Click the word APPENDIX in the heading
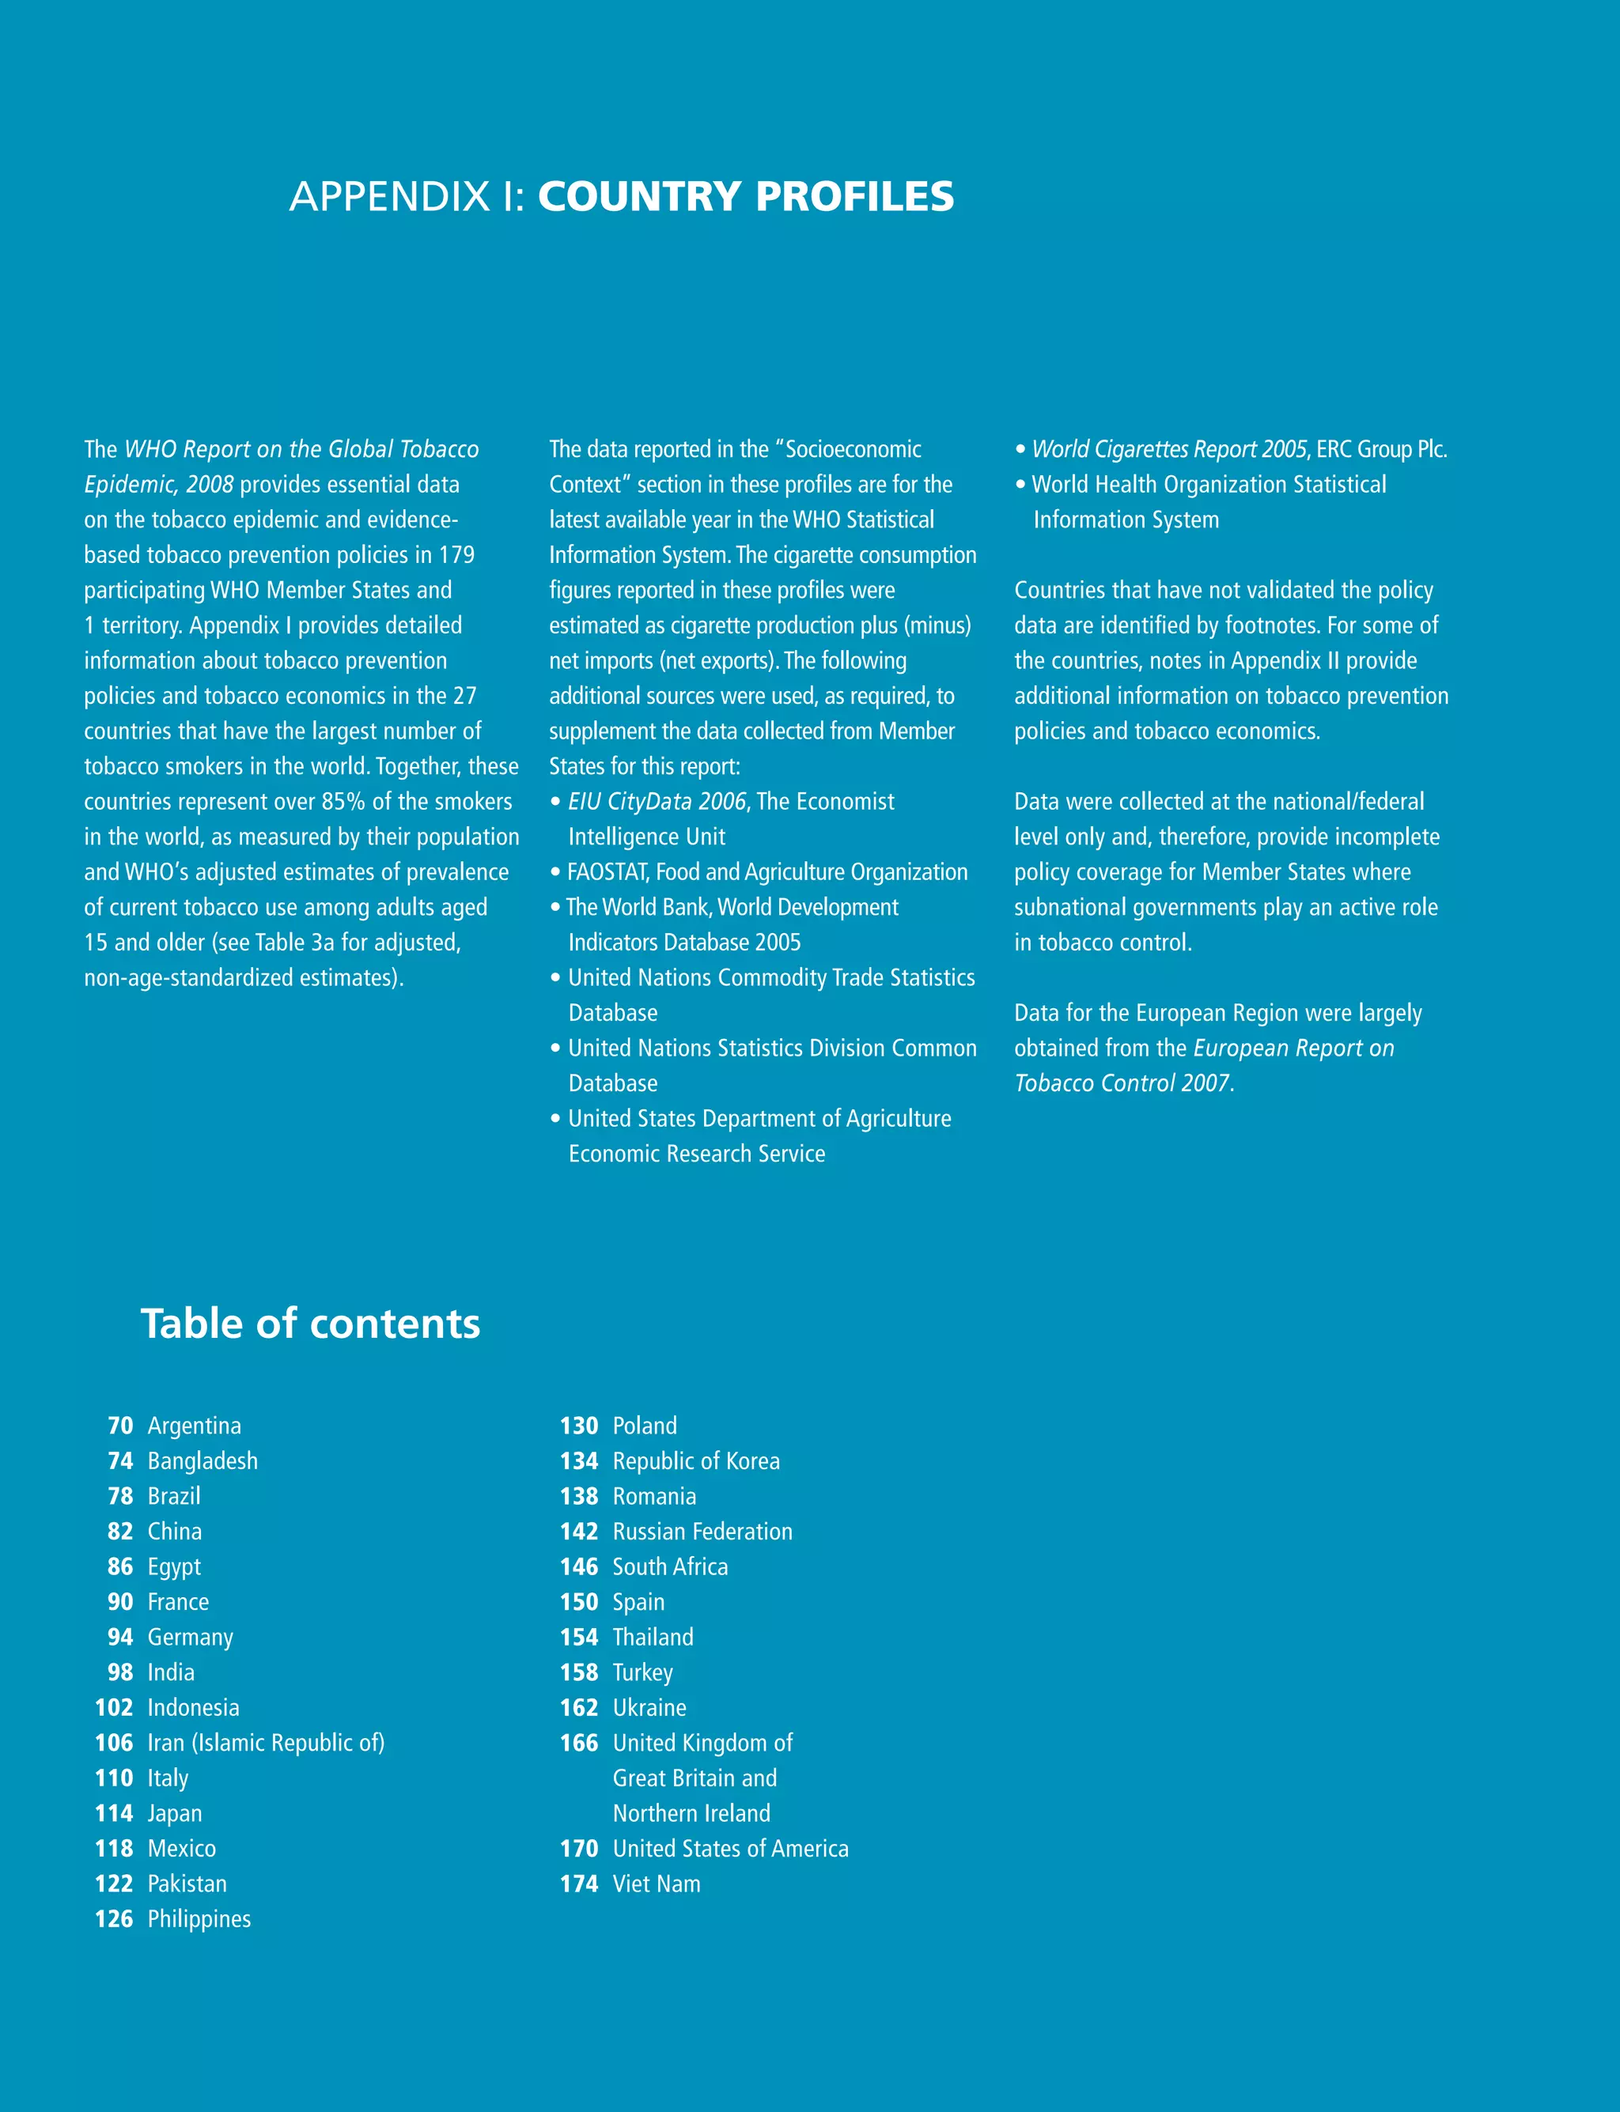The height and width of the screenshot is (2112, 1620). (x=389, y=197)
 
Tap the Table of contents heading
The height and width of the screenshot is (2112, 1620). (x=311, y=1324)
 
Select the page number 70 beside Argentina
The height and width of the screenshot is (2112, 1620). (x=120, y=1426)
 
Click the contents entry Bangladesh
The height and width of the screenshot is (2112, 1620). (x=202, y=1461)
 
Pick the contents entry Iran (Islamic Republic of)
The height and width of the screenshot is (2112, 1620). (x=265, y=1743)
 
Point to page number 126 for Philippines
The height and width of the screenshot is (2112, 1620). (x=114, y=1919)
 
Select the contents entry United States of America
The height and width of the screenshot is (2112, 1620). (x=730, y=1849)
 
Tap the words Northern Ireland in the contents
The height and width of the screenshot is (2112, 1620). (x=691, y=1813)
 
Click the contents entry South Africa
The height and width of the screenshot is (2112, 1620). (x=670, y=1567)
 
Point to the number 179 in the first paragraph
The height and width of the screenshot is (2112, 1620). (x=457, y=555)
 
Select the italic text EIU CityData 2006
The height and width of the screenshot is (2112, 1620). (x=657, y=802)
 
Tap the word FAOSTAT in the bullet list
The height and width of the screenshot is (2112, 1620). (x=607, y=872)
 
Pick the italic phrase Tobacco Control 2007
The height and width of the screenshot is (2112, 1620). (x=1122, y=1083)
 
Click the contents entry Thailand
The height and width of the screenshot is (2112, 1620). (x=653, y=1638)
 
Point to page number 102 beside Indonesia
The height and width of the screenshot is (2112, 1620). (x=114, y=1708)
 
